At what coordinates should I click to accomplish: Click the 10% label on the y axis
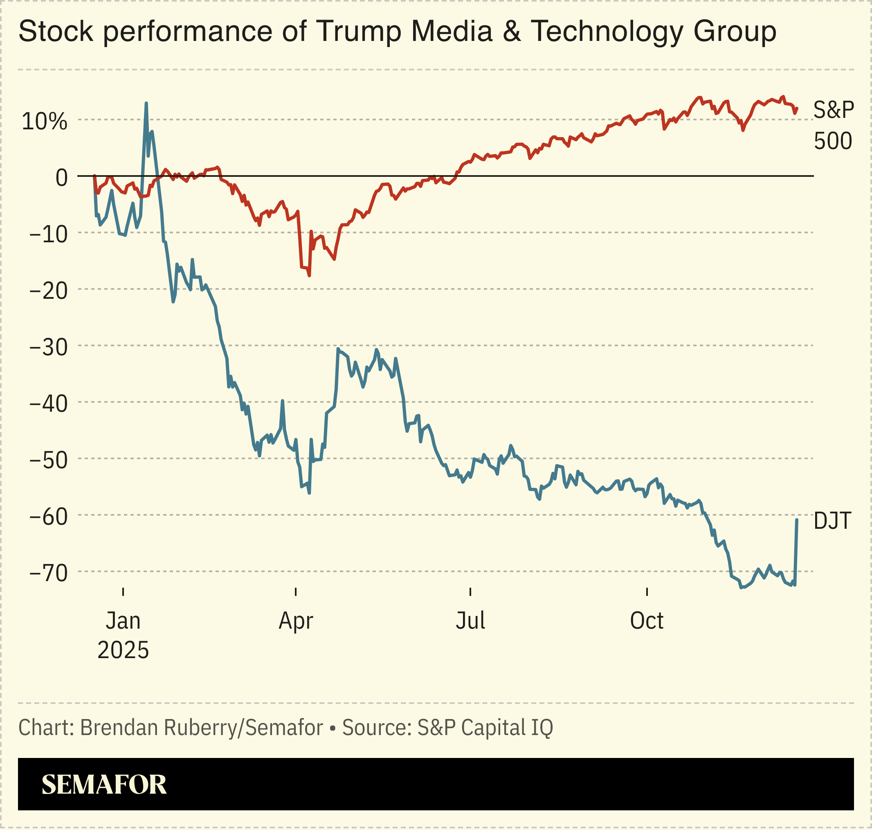coord(44,121)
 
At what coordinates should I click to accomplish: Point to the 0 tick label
coord(61,178)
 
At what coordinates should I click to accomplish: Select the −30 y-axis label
coord(48,347)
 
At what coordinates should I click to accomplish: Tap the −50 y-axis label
coord(48,460)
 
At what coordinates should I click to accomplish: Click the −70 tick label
coord(48,573)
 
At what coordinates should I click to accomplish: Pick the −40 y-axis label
coord(48,404)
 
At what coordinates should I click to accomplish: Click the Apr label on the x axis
coord(295,621)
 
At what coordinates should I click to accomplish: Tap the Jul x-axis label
coord(470,621)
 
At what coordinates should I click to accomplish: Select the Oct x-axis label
coord(647,621)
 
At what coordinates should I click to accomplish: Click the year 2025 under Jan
coord(123,650)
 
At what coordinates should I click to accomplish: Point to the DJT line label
coord(832,521)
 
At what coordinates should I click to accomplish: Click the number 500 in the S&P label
coord(833,142)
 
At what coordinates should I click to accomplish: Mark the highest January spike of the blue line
coord(146,104)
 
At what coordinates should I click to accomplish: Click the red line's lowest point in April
coord(309,275)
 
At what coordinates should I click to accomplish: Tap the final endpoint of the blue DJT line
coord(797,520)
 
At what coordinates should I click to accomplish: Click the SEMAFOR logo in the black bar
coord(104,785)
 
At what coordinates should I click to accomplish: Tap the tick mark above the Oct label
coord(647,592)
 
